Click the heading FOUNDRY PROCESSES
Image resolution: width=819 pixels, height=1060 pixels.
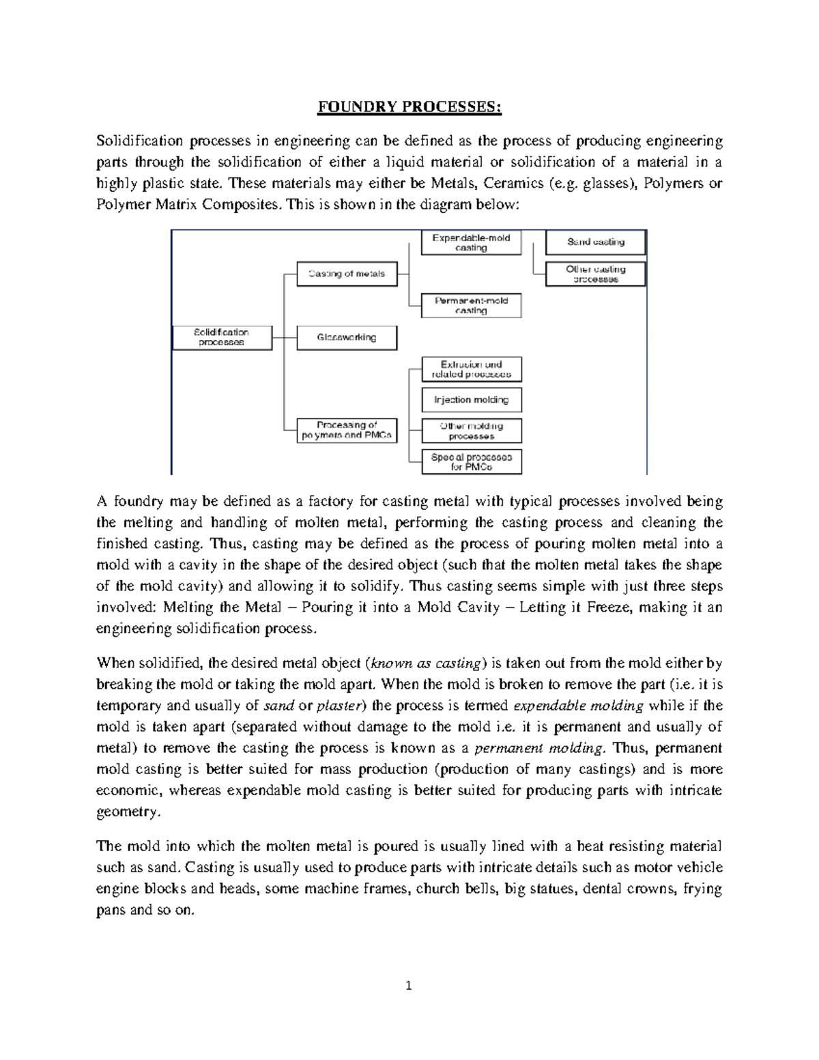pyautogui.click(x=409, y=108)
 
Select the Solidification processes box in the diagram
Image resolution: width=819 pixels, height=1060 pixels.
pyautogui.click(x=221, y=337)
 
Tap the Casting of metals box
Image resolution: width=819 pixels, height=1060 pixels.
pyautogui.click(x=347, y=274)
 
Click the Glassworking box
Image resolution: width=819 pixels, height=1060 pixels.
pyautogui.click(x=347, y=337)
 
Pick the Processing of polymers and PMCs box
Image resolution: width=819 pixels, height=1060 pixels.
pyautogui.click(x=347, y=430)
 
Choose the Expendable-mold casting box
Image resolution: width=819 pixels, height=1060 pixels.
pyautogui.click(x=471, y=242)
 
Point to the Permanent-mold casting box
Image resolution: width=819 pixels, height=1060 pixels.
pyautogui.click(x=471, y=305)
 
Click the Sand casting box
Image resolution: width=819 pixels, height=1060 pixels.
pyautogui.click(x=595, y=242)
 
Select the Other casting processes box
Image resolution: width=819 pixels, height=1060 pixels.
pyautogui.click(x=595, y=274)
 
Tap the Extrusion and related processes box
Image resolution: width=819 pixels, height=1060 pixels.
pyautogui.click(x=471, y=369)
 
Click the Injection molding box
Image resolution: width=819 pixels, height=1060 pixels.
pyautogui.click(x=471, y=400)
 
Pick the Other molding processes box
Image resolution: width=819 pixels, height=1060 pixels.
pyautogui.click(x=471, y=431)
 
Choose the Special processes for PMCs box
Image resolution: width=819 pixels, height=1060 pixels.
pyautogui.click(x=471, y=462)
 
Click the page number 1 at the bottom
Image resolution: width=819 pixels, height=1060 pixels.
pyautogui.click(x=409, y=986)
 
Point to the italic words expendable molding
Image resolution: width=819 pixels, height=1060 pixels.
pyautogui.click(x=577, y=706)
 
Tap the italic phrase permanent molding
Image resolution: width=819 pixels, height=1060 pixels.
pyautogui.click(x=538, y=748)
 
